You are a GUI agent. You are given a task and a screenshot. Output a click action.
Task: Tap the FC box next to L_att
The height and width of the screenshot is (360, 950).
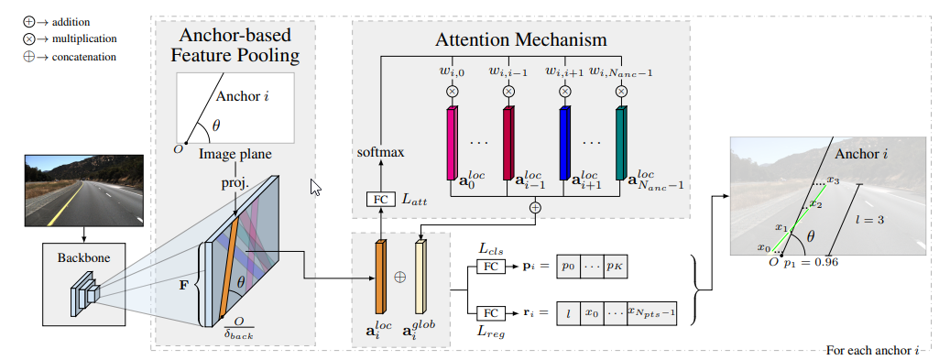378,198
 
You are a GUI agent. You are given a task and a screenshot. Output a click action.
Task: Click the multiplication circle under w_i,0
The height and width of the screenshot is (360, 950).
452,91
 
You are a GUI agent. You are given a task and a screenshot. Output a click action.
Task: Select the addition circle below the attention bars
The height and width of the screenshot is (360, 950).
536,208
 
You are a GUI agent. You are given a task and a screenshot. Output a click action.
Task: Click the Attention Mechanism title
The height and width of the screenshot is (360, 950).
522,40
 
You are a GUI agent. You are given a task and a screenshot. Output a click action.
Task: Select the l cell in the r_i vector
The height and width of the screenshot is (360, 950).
568,312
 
